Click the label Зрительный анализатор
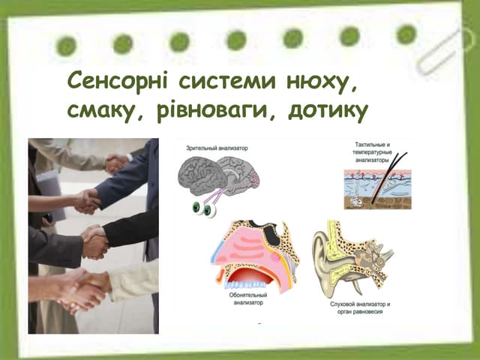tap(217, 148)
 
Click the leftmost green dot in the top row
tap(66, 46)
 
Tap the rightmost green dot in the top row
tap(406, 34)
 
